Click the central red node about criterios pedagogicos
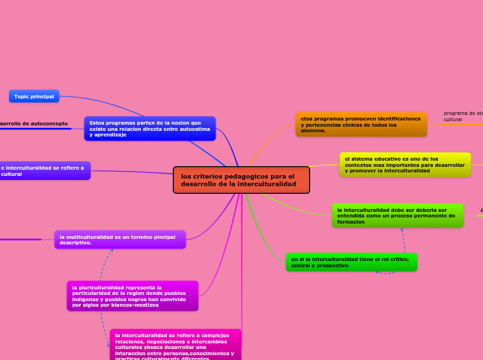click(241, 180)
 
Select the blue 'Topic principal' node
click(34, 96)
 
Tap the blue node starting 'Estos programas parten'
click(150, 128)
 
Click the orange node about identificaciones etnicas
click(361, 125)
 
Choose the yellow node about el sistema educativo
click(405, 165)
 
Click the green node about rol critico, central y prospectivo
click(351, 262)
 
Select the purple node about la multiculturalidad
click(120, 240)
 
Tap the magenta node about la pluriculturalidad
click(132, 296)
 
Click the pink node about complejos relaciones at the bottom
click(175, 345)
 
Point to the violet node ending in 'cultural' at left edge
click(44, 171)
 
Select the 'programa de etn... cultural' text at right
click(462, 116)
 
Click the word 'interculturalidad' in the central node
click(267, 184)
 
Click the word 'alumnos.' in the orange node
click(313, 130)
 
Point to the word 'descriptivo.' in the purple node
click(76, 243)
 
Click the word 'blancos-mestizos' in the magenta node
click(133, 305)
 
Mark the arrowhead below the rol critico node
click(377, 272)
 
